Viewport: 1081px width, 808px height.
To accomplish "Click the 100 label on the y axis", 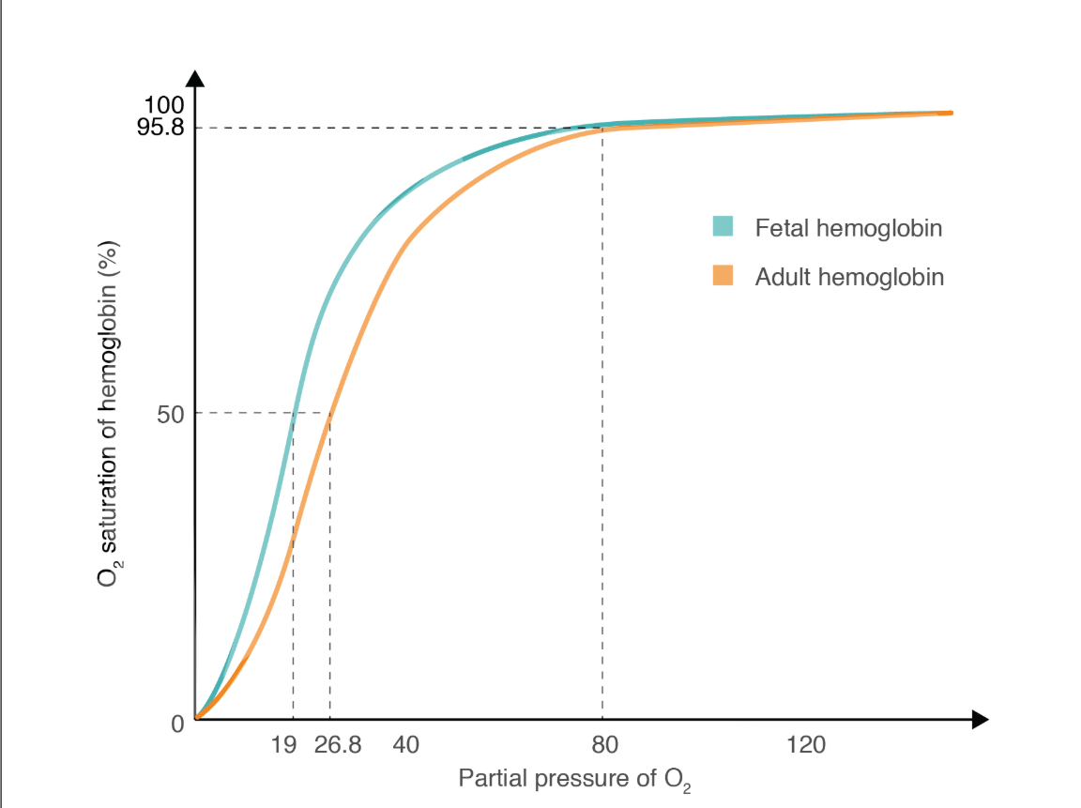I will tap(165, 105).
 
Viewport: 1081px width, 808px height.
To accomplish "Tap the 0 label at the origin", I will tap(177, 724).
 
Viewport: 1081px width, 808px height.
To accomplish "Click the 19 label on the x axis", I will tap(283, 745).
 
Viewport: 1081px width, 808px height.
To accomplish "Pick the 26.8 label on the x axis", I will tap(338, 745).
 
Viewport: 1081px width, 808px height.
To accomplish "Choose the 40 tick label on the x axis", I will tap(405, 745).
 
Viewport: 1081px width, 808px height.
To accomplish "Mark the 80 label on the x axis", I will tap(605, 745).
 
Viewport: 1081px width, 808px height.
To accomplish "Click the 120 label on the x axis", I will tap(806, 745).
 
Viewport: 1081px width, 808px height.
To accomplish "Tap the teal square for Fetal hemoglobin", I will tap(722, 227).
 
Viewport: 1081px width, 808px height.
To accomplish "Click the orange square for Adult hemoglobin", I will tap(722, 277).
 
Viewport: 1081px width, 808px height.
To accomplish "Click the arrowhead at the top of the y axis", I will tap(195, 79).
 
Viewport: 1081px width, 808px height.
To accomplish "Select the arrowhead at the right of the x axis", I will tap(980, 720).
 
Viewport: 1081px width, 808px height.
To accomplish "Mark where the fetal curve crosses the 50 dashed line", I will tap(295, 413).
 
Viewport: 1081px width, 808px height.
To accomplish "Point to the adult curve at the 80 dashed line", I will tap(602, 129).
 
